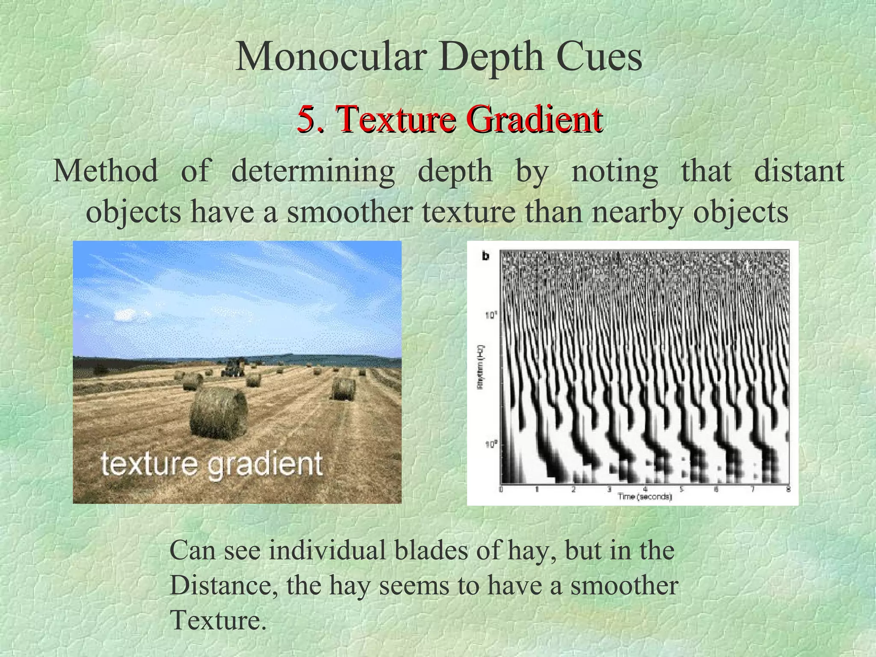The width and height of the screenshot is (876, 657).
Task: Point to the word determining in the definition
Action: (313, 172)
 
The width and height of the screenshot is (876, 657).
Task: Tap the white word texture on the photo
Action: (150, 464)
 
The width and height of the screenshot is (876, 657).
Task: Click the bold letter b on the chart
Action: (486, 256)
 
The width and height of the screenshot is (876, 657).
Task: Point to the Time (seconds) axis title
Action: (645, 497)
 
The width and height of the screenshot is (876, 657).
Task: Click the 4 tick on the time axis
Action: (645, 490)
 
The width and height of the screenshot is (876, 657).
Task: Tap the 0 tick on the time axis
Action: (501, 490)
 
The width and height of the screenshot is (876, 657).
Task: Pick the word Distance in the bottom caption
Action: (222, 586)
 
